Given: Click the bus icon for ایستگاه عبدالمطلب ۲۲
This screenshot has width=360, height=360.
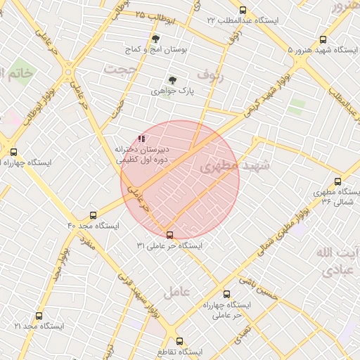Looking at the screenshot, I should pos(243,10).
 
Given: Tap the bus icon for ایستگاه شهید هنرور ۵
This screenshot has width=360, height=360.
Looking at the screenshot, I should pos(323,40).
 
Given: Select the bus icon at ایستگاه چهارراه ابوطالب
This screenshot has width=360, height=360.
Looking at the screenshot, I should pos(13,151).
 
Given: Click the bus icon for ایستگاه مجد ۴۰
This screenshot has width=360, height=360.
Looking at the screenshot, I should pos(94,215).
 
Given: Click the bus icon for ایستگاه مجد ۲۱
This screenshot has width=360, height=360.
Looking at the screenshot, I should pos(38,316).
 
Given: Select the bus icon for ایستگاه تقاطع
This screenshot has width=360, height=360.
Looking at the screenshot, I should pos(179,340).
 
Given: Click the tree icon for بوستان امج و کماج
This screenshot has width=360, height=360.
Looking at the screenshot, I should pos(155,39).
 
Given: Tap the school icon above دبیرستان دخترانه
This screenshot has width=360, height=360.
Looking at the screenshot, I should pos(141,139).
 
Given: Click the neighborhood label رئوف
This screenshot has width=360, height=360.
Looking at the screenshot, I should pos(209,73).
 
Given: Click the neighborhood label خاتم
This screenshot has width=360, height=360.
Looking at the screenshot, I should pos(17,73).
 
